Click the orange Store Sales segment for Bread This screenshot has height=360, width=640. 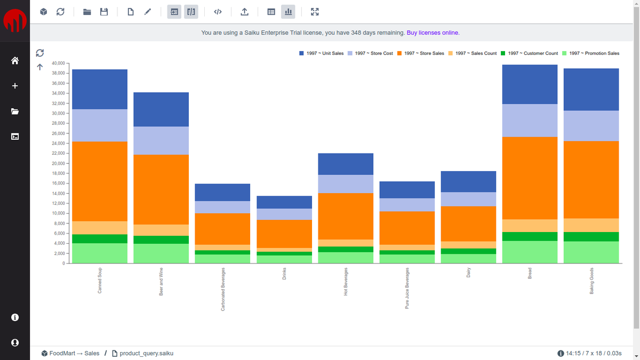tap(530, 178)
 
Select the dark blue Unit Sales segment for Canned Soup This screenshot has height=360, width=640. tap(100, 89)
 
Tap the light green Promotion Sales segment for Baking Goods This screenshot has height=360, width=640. tap(591, 252)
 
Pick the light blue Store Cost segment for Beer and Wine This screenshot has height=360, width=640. tap(161, 140)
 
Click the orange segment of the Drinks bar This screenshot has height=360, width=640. tap(284, 234)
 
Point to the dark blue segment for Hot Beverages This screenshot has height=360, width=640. tap(346, 164)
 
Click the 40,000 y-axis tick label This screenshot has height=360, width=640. tap(58, 63)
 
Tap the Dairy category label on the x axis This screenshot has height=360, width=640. tap(469, 273)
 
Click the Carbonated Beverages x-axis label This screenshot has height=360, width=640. tap(223, 289)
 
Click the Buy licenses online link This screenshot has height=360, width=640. tap(433, 33)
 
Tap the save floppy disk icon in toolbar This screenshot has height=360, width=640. tap(104, 11)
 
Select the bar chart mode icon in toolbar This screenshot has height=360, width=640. tap(287, 11)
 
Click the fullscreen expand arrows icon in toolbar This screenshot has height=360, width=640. tap(315, 11)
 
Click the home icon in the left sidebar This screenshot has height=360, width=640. tap(15, 61)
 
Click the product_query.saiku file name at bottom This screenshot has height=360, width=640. tap(146, 353)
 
